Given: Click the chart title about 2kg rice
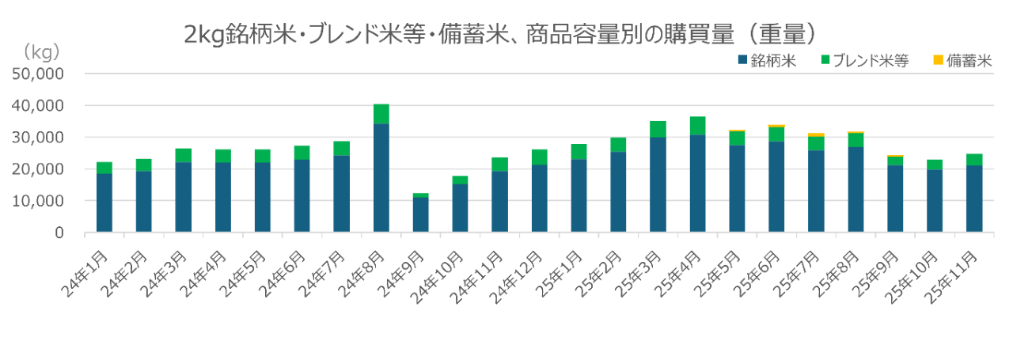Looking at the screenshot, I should pyautogui.click(x=499, y=35).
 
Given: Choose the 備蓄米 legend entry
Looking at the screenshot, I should pyautogui.click(x=962, y=59).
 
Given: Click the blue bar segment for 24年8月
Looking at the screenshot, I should pyautogui.click(x=381, y=177).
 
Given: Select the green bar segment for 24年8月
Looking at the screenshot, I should pyautogui.click(x=381, y=113).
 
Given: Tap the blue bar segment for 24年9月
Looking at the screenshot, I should pyautogui.click(x=421, y=214).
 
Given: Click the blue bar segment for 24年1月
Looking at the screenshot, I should pyautogui.click(x=105, y=203).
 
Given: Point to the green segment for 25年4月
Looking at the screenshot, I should pyautogui.click(x=697, y=125).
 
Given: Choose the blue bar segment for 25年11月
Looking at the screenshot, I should pyautogui.click(x=973, y=199).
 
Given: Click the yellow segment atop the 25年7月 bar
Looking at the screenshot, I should pyautogui.click(x=816, y=135).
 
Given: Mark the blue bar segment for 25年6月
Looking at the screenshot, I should pyautogui.click(x=776, y=187).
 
